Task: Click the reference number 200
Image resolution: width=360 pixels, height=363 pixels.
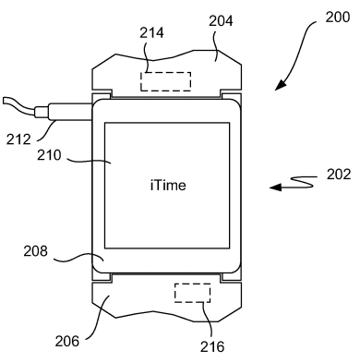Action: pos(338,17)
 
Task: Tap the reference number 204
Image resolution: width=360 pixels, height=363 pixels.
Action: pos(221,21)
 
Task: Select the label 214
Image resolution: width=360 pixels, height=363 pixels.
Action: pos(151,32)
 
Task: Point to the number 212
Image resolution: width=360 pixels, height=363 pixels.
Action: pos(18,139)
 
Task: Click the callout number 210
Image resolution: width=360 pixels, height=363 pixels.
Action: pos(49,155)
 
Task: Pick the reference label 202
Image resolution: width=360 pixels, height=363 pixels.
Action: pos(339,175)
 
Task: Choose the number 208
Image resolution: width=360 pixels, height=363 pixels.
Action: pos(36,251)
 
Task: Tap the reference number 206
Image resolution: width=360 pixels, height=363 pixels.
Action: pos(67,341)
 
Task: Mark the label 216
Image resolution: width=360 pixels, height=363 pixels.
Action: pos(212,346)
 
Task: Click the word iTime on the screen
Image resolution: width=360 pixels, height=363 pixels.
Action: pos(168,186)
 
